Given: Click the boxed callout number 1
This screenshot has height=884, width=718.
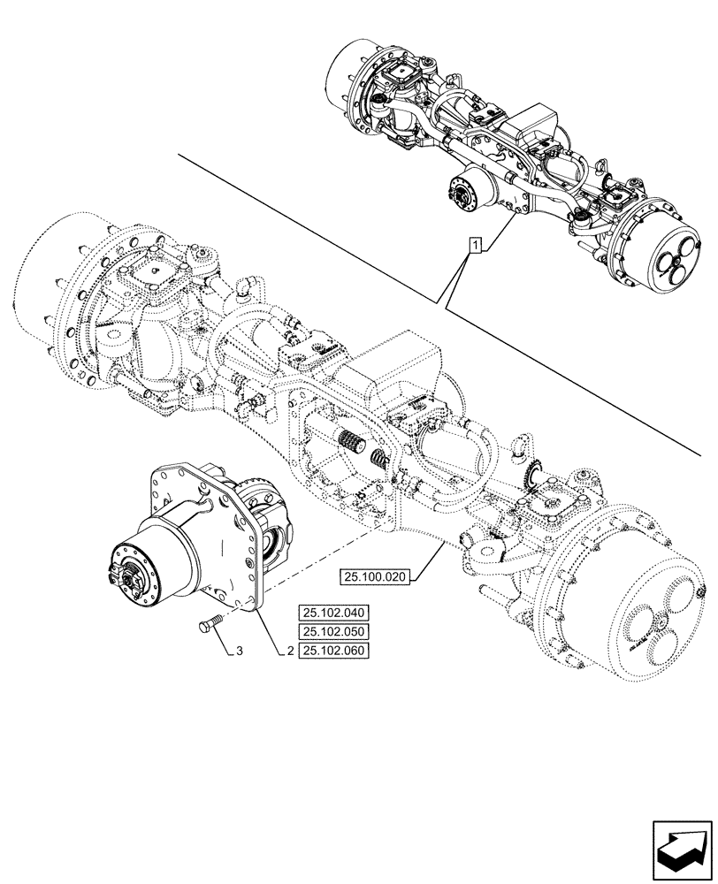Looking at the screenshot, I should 476,245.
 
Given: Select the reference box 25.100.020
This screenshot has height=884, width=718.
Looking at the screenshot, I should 375,577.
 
